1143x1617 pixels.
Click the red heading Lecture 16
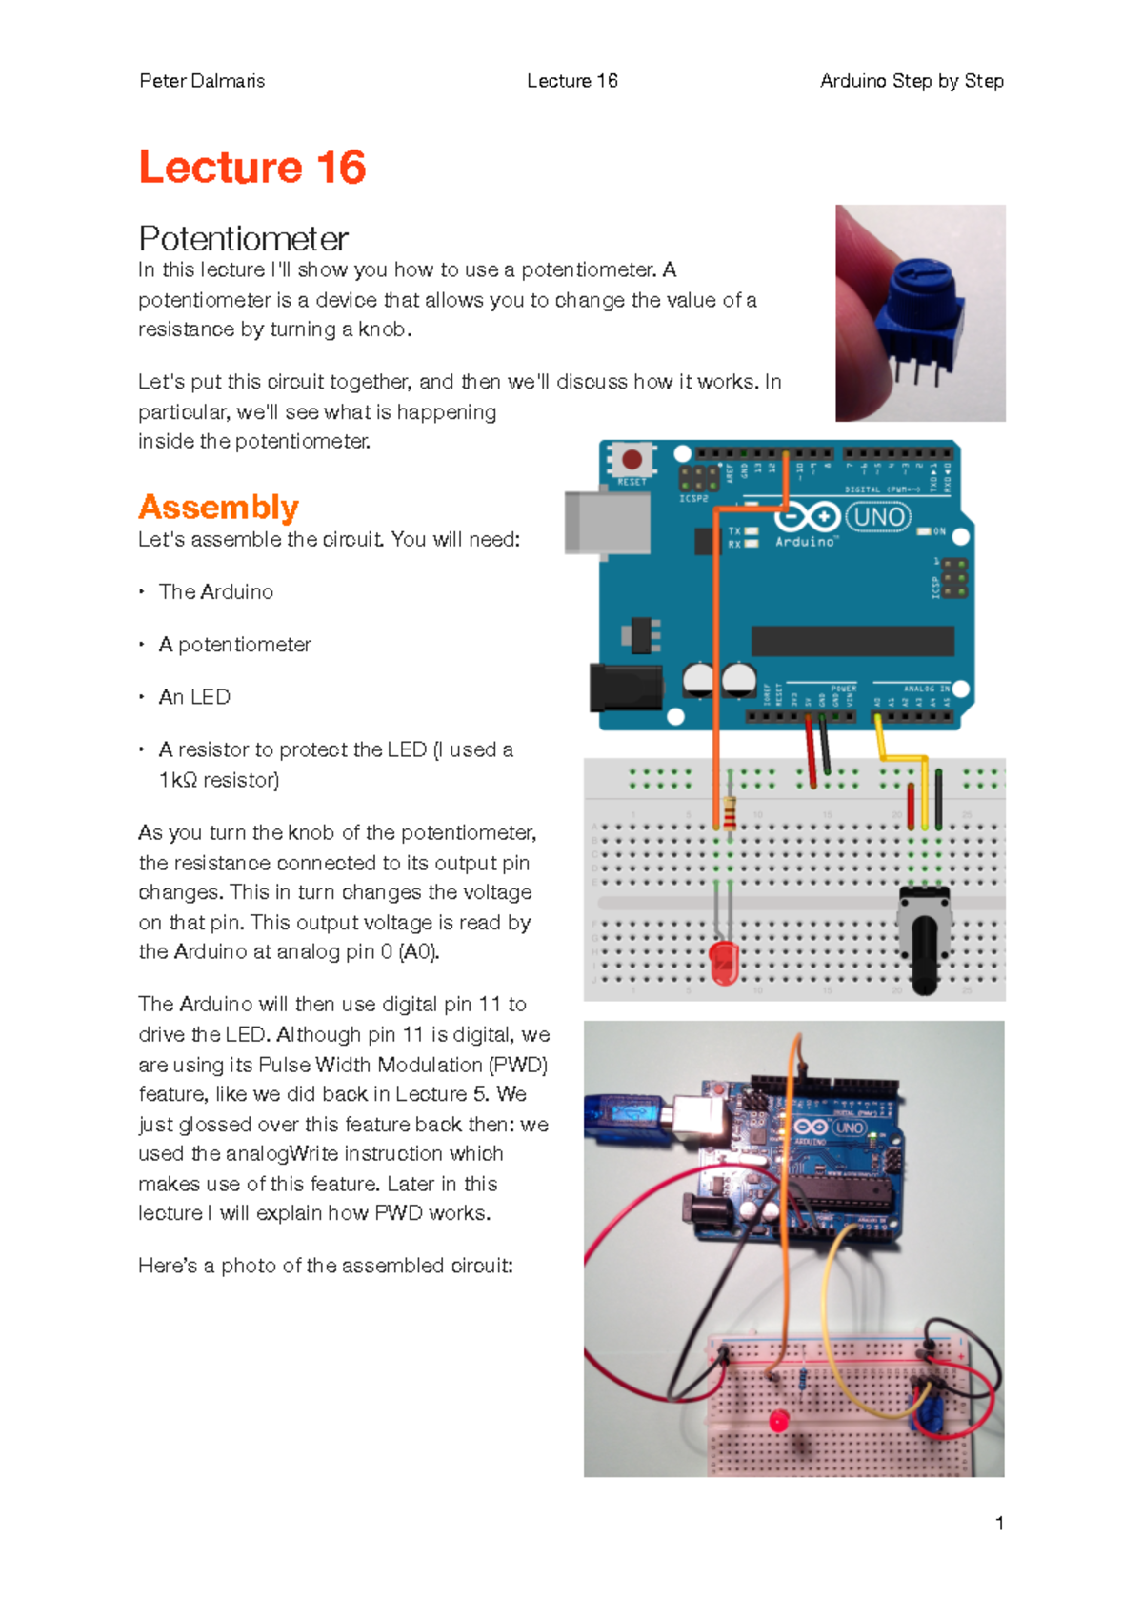pos(252,168)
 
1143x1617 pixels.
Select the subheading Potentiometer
pos(243,238)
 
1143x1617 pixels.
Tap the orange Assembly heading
pos(218,507)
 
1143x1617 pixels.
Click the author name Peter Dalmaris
pos(202,81)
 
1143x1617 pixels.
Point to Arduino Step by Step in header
pos(912,81)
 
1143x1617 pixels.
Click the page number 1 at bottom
pos(999,1523)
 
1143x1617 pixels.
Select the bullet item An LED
pos(194,697)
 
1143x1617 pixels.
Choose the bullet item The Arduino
pos(216,591)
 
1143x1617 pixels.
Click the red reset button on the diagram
pos(632,460)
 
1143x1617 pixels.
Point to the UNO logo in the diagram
pos(878,517)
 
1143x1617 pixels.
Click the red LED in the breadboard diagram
pos(725,962)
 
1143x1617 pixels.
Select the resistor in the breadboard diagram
pos(730,814)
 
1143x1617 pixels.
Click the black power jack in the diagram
pos(625,688)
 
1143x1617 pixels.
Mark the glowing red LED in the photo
pos(779,1422)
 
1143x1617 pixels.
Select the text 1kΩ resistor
pos(219,780)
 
